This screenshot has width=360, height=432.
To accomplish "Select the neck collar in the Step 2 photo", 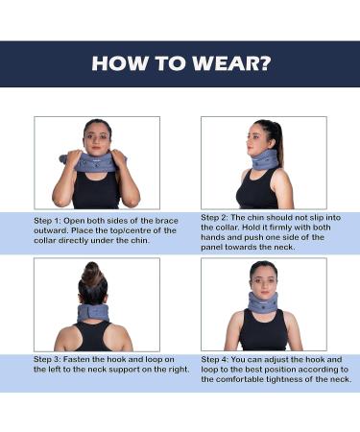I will (x=268, y=159).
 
